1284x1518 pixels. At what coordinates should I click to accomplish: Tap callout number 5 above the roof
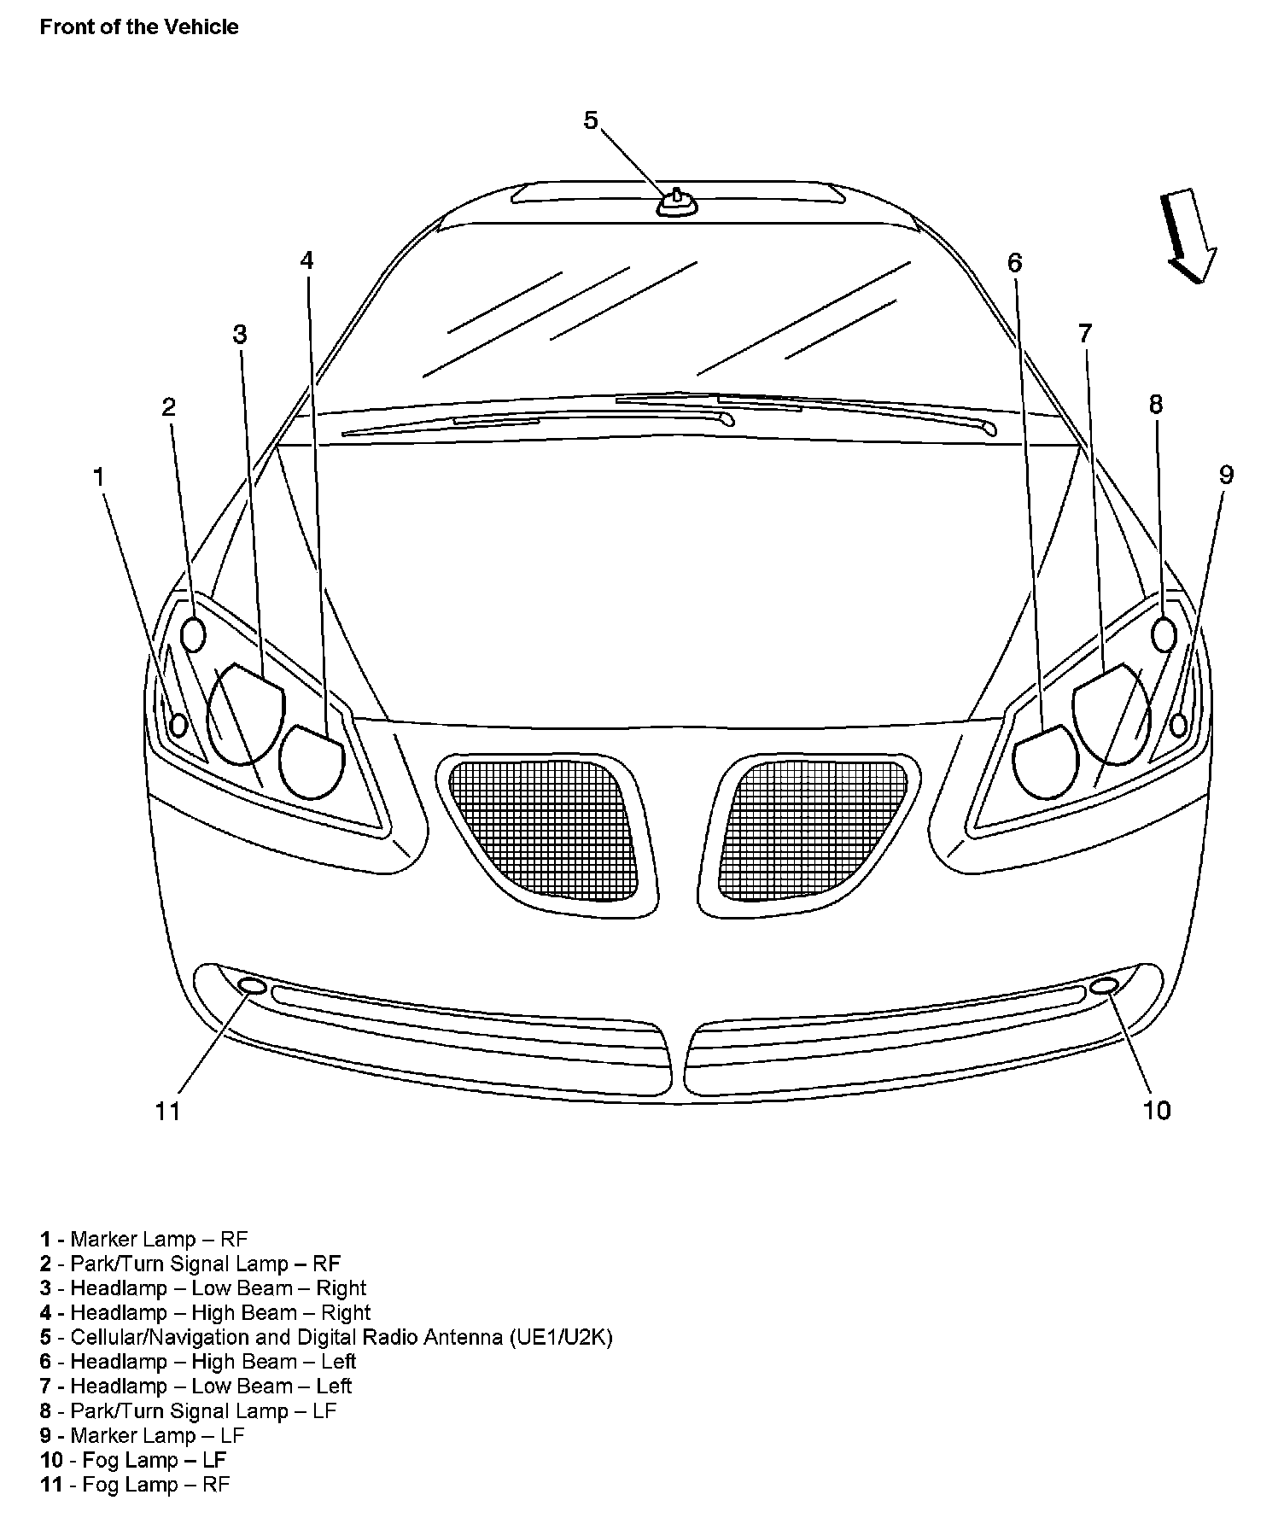pyautogui.click(x=591, y=120)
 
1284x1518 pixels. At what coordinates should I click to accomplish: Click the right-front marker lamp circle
pyautogui.click(x=178, y=725)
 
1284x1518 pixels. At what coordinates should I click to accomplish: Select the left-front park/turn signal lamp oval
pyautogui.click(x=1164, y=633)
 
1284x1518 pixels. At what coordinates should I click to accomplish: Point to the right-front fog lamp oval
pyautogui.click(x=253, y=986)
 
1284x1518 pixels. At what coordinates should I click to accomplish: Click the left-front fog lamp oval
pyautogui.click(x=1104, y=986)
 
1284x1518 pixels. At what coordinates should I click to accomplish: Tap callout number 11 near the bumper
pyautogui.click(x=167, y=1111)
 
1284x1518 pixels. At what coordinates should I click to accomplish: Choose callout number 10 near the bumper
pyautogui.click(x=1157, y=1110)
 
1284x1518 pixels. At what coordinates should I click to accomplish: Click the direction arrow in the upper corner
pyautogui.click(x=1188, y=236)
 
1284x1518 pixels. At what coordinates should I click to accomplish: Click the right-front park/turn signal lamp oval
pyautogui.click(x=195, y=633)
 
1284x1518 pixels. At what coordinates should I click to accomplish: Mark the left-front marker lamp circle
pyautogui.click(x=1179, y=725)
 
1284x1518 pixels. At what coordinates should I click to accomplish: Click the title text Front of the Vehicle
pyautogui.click(x=139, y=27)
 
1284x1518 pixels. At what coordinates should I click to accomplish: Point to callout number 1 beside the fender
pyautogui.click(x=98, y=477)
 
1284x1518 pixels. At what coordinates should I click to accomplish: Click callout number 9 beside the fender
pyautogui.click(x=1226, y=475)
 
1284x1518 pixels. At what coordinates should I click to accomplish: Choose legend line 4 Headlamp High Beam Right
pyautogui.click(x=205, y=1312)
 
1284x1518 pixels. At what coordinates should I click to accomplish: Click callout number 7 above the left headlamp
pyautogui.click(x=1084, y=333)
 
